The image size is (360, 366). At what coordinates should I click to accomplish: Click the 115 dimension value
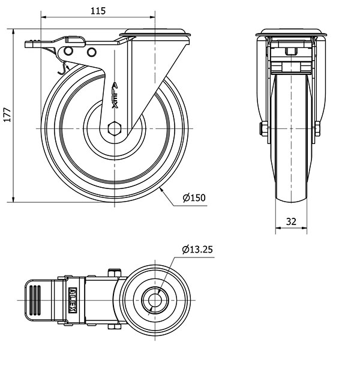(98, 11)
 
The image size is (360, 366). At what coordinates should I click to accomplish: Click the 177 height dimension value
(7, 115)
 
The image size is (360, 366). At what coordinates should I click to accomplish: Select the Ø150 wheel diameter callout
(194, 198)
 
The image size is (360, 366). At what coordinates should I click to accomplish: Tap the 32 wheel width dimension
(291, 221)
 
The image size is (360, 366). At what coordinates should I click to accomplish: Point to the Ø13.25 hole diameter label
(197, 250)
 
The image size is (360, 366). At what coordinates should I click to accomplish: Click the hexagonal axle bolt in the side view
(115, 128)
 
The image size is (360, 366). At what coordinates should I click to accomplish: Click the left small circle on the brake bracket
(68, 51)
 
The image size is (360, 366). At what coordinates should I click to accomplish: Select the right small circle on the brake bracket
(92, 52)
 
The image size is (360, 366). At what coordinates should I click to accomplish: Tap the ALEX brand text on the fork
(115, 95)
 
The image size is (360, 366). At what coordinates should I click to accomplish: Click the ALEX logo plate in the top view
(73, 300)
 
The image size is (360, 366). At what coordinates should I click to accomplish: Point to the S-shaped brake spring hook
(62, 68)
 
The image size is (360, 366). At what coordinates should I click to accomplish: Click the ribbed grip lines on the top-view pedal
(35, 300)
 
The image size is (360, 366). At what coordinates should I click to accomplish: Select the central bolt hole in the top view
(155, 300)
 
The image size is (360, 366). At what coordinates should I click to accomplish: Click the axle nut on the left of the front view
(263, 128)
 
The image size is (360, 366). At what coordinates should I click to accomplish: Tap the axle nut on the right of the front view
(317, 128)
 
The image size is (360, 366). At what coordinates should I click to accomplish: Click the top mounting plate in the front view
(291, 32)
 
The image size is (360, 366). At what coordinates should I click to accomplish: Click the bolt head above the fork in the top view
(115, 272)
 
